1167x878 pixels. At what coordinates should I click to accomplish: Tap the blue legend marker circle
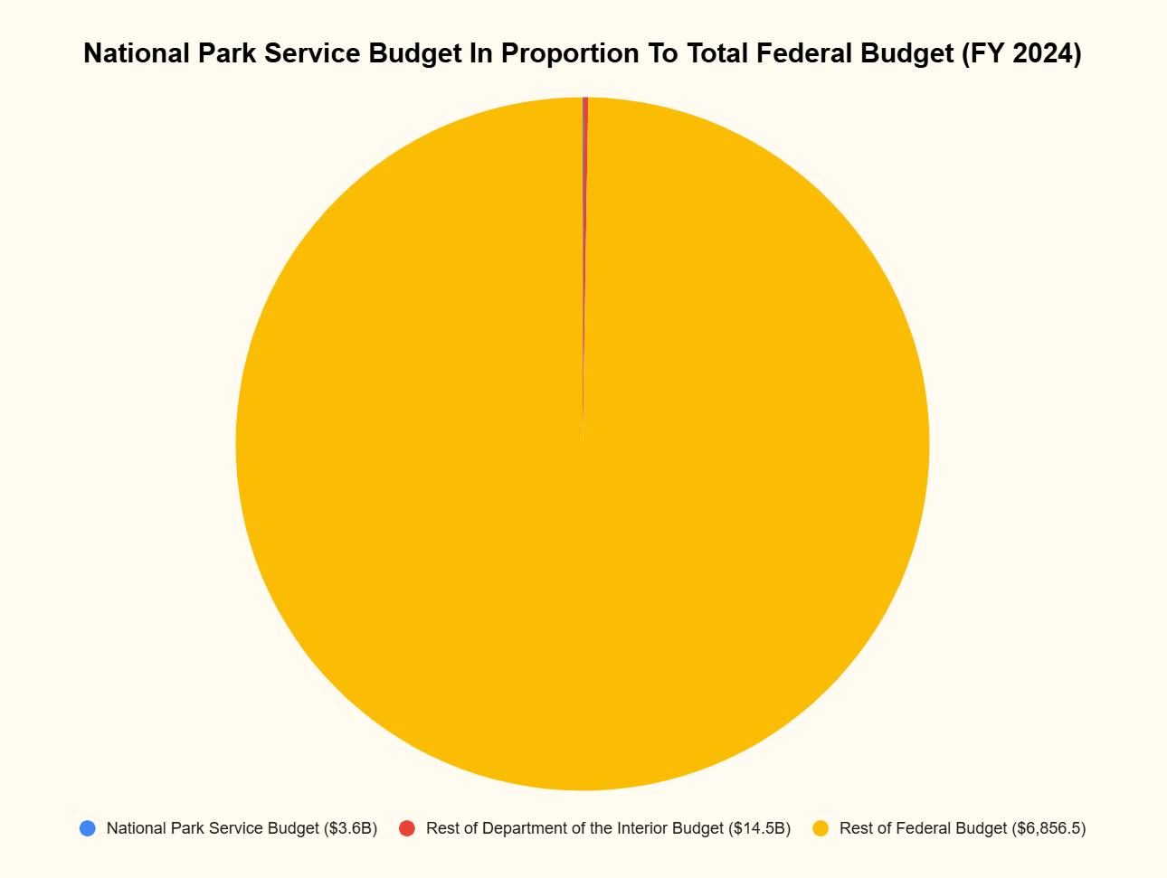(88, 828)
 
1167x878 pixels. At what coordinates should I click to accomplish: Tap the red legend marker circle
(407, 828)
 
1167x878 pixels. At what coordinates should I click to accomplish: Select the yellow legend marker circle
(821, 828)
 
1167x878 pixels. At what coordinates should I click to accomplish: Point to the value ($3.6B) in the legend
(351, 828)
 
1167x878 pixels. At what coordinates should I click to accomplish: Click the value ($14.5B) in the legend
(760, 828)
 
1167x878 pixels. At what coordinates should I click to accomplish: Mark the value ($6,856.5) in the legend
(1048, 828)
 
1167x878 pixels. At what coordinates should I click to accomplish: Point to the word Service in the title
(313, 54)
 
